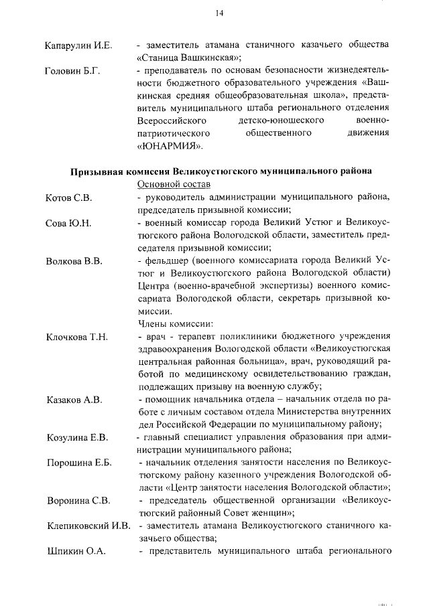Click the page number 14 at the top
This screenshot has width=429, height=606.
(219, 13)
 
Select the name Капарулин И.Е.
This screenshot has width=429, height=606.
(78, 46)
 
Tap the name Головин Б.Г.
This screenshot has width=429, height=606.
(72, 72)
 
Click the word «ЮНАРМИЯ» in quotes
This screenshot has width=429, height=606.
(168, 147)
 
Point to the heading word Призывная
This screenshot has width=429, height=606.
(103, 171)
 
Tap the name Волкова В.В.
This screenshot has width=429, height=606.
(74, 261)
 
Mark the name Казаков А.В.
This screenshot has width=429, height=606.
(74, 400)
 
